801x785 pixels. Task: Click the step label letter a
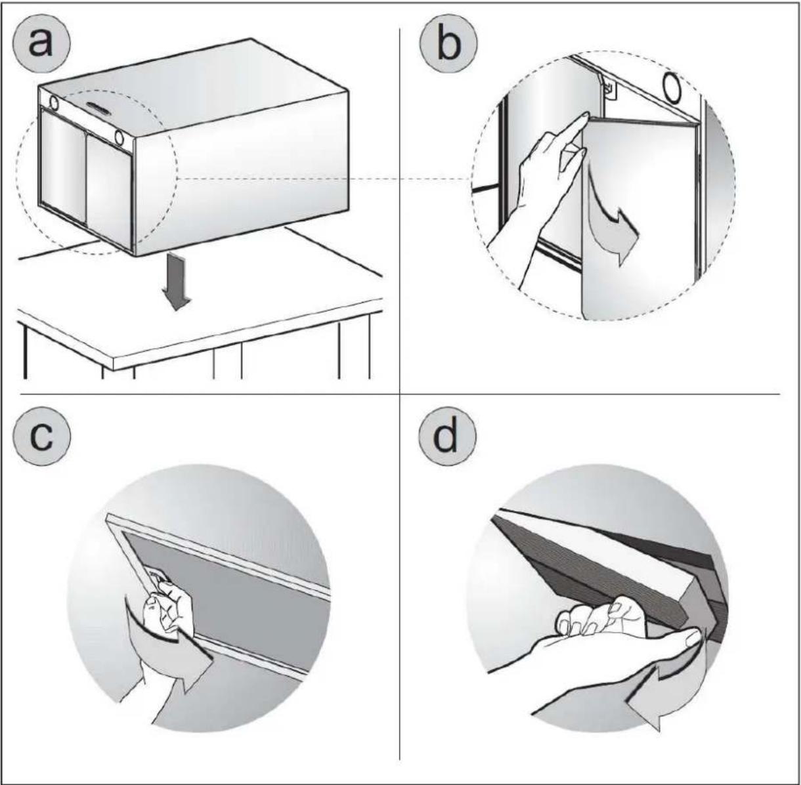coord(41,44)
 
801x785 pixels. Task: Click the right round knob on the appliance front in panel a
coord(119,137)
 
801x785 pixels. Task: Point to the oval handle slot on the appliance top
coord(98,107)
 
